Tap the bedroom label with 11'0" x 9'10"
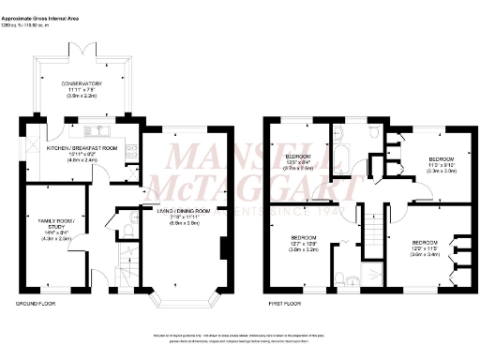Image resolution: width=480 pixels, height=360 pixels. [x=434, y=161]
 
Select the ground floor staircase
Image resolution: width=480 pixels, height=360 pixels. [x=124, y=267]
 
